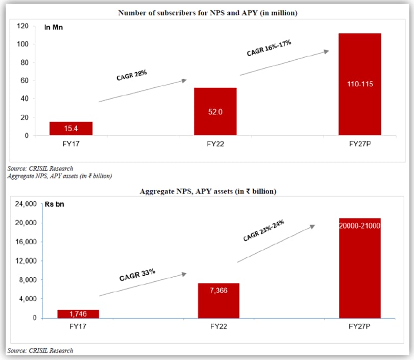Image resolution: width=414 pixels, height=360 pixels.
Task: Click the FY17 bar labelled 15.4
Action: (71, 129)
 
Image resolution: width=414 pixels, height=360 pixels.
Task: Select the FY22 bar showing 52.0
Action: (215, 111)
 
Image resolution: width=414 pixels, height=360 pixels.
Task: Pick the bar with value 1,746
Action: (71, 314)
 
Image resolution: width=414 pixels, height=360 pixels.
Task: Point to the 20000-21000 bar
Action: (359, 268)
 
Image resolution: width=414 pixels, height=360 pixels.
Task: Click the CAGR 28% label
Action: (132, 75)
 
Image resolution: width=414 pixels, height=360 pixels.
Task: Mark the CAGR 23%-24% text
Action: (263, 231)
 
